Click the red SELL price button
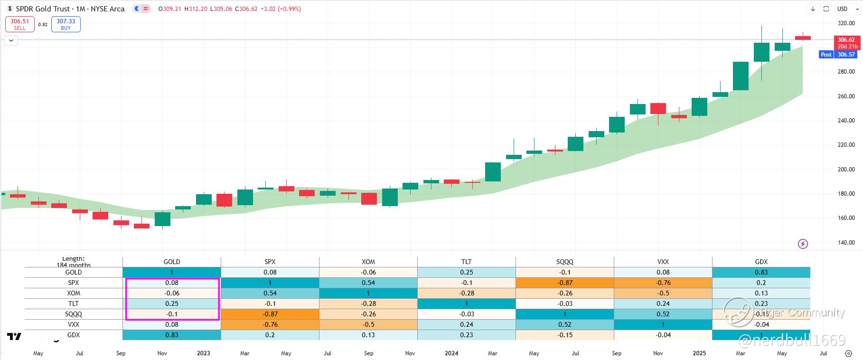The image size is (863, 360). [x=19, y=24]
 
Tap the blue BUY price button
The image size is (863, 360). [x=66, y=24]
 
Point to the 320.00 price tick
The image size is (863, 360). [x=846, y=23]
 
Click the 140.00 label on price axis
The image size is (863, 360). [x=846, y=243]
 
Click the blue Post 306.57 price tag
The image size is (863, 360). [x=838, y=55]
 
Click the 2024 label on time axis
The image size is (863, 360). [x=451, y=353]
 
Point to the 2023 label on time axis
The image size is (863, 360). [x=203, y=353]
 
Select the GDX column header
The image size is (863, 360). [x=761, y=262]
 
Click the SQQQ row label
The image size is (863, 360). [x=74, y=314]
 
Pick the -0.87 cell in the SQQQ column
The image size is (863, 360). [x=565, y=283]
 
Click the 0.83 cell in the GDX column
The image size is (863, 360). [x=761, y=272]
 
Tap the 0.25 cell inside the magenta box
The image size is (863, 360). [x=172, y=303]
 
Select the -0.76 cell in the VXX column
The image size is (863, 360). [x=663, y=283]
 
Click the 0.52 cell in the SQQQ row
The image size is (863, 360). [x=663, y=314]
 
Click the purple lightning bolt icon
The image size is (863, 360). [x=803, y=244]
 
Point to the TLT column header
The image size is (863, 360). [x=467, y=262]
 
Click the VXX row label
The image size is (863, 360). [x=74, y=324]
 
